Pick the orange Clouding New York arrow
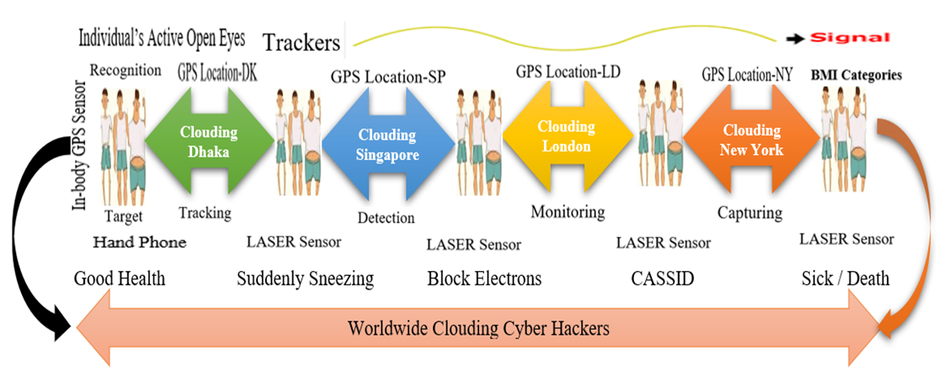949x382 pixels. (751, 140)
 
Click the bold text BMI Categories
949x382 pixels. (856, 75)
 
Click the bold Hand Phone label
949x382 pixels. (140, 243)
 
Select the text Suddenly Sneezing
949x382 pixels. (305, 279)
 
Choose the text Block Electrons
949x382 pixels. (484, 279)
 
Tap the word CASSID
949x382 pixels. (663, 279)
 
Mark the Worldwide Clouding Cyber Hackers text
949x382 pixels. (478, 328)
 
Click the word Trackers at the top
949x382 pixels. (301, 42)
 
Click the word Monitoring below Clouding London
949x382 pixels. (568, 212)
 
